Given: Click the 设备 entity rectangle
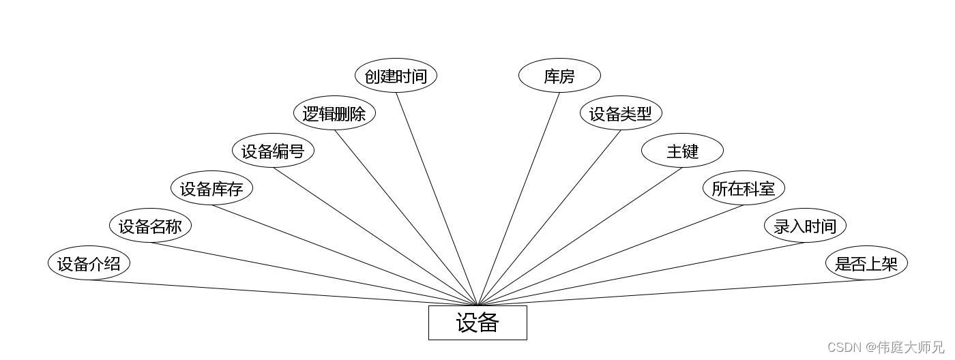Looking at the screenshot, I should (x=477, y=322).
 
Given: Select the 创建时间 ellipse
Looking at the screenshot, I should (x=396, y=76).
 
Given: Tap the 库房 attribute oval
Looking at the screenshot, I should (x=559, y=76).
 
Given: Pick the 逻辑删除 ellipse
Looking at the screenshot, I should (x=334, y=113).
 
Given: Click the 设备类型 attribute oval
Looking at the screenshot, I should (x=621, y=113).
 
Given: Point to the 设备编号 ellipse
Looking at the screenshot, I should (x=273, y=151).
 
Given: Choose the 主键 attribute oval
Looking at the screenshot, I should (x=682, y=151).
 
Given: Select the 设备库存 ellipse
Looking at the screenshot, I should (x=211, y=188).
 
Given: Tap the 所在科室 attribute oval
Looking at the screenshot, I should (x=744, y=188).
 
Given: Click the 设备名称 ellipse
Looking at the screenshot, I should (x=150, y=226).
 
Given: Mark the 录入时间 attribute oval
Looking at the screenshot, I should (x=805, y=226).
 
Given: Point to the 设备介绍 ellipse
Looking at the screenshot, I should (x=89, y=263).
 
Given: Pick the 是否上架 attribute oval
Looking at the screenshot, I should (x=866, y=263).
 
